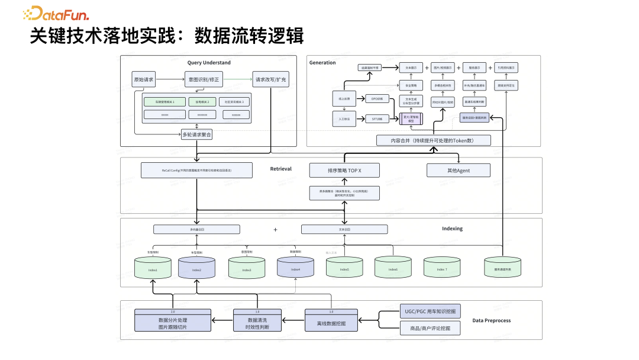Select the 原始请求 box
click(143, 79)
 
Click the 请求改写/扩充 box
click(270, 79)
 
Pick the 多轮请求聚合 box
click(196, 135)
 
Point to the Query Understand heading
click(209, 62)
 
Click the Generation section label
click(322, 62)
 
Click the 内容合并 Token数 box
click(434, 140)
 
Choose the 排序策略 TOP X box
click(344, 171)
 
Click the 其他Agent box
click(458, 171)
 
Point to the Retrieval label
click(281, 169)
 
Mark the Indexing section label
click(452, 228)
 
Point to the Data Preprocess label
click(491, 320)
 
